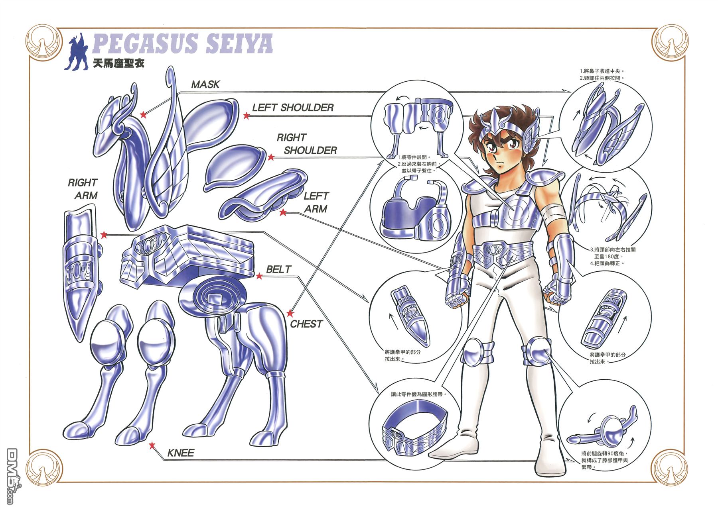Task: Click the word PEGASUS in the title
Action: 145,43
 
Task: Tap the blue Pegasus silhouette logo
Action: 79,51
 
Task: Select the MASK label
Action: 205,84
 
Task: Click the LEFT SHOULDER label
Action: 293,108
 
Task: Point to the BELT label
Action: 279,269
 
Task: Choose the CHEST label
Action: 306,324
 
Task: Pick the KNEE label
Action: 181,453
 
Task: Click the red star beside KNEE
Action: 152,445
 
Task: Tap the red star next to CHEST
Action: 290,313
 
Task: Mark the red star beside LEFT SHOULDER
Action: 247,116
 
